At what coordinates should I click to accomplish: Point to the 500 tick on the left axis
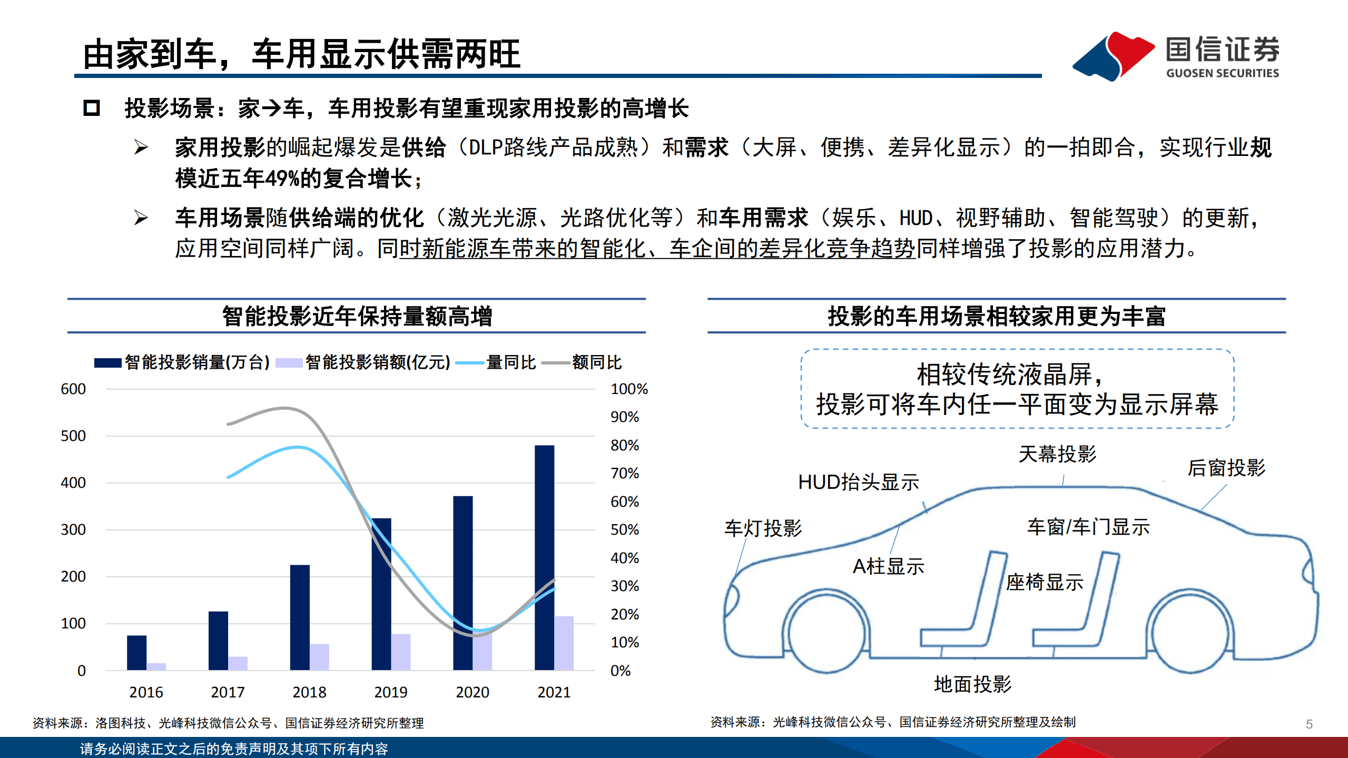point(73,436)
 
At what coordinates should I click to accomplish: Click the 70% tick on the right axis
point(625,473)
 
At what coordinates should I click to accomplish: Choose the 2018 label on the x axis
point(309,692)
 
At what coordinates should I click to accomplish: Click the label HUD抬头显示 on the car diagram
point(859,482)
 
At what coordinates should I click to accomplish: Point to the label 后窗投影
point(1226,468)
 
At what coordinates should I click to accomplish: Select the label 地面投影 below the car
point(972,684)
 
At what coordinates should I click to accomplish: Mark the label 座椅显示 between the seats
point(1045,582)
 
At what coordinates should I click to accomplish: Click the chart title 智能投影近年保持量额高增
point(357,316)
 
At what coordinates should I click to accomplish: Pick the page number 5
point(1309,724)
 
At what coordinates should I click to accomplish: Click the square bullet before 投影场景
point(92,108)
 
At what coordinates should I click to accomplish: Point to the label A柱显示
point(888,566)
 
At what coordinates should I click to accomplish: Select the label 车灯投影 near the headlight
point(763,528)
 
